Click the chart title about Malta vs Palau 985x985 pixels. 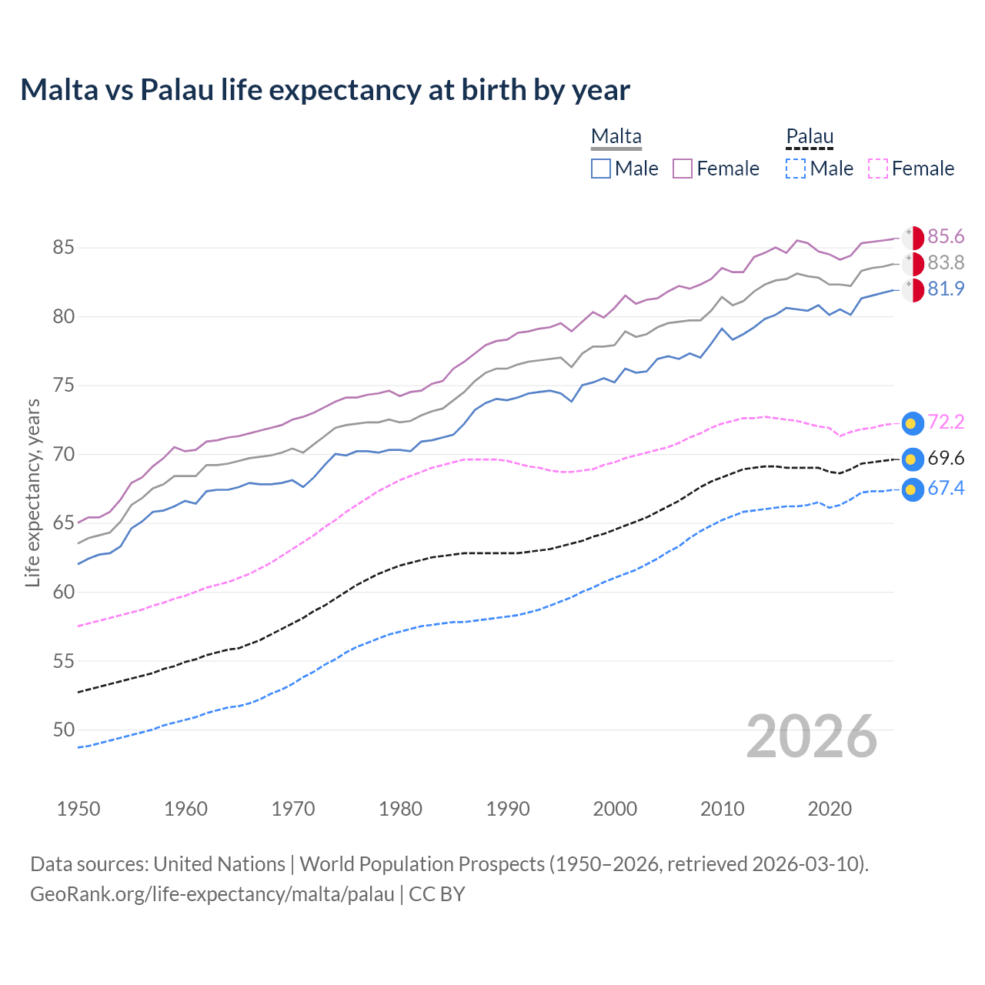pos(325,90)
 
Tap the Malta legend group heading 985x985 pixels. pos(616,137)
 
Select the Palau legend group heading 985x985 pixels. pos(810,137)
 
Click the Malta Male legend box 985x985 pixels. pos(601,169)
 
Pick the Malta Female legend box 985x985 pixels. pos(683,169)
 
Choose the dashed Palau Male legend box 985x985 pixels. pos(796,169)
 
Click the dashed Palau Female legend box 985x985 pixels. pos(878,169)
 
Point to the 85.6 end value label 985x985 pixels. pos(946,237)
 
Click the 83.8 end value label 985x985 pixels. pos(946,263)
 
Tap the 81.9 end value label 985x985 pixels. pos(946,289)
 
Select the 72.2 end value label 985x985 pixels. pos(946,422)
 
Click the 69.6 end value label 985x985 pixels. pos(946,459)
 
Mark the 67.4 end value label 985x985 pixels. pos(946,489)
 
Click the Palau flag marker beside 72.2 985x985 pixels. pos(912,423)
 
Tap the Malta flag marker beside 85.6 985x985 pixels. pos(913,238)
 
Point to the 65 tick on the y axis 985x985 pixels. pos(63,523)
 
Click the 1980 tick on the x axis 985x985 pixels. pos(400,809)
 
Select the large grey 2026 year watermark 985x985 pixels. pos(811,736)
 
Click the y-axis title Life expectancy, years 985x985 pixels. pos(32,492)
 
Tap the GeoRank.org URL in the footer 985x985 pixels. pos(212,894)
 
